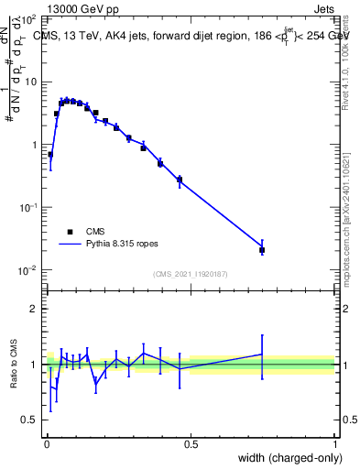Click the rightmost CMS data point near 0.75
(x=262, y=249)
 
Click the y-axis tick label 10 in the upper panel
(x=31, y=82)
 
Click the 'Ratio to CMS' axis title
(x=13, y=365)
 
